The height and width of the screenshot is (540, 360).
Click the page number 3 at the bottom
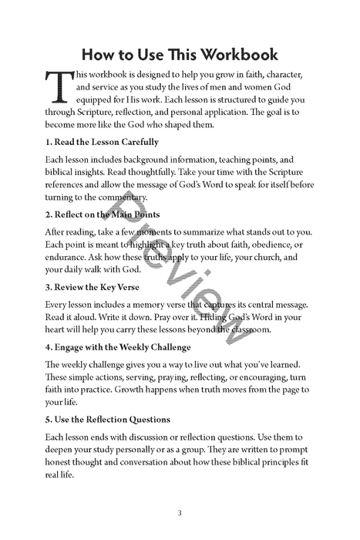[x=180, y=513]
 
